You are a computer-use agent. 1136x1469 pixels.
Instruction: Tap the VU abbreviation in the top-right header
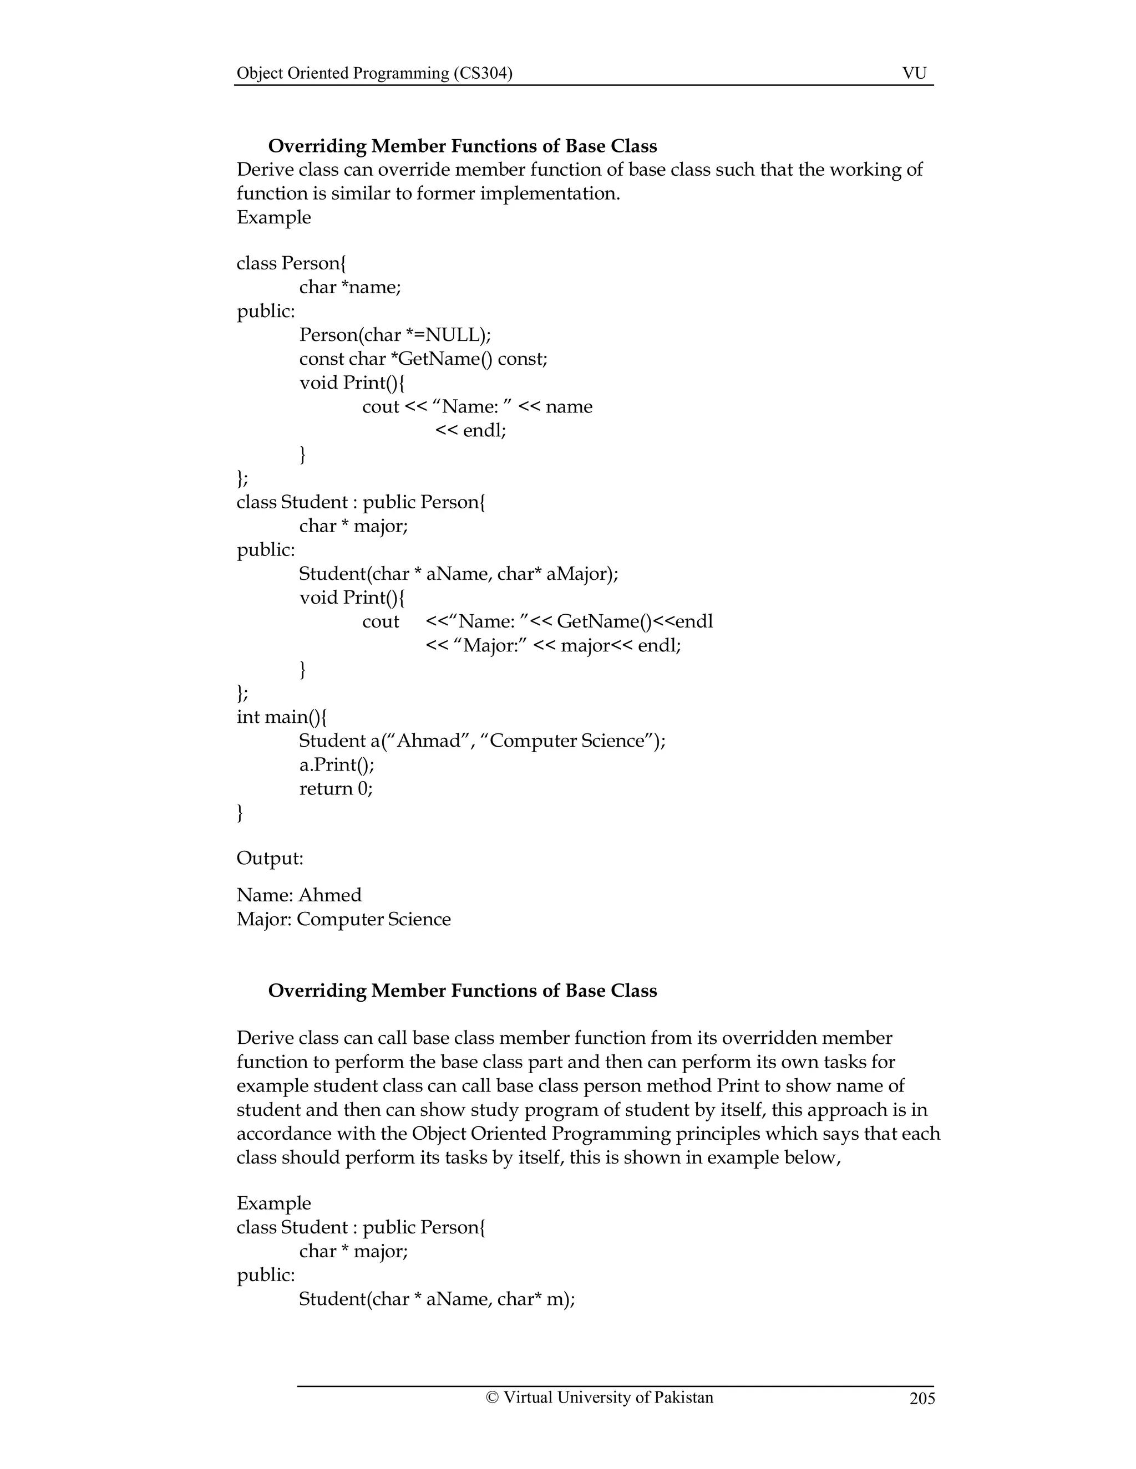[x=914, y=73]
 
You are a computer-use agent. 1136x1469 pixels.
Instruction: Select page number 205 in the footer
[x=922, y=1399]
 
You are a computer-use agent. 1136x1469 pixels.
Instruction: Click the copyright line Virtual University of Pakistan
[x=599, y=1397]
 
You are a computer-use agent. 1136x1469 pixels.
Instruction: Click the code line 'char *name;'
[x=350, y=287]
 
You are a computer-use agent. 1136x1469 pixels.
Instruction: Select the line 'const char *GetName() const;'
[x=423, y=359]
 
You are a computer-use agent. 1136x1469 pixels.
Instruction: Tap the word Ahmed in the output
[x=330, y=895]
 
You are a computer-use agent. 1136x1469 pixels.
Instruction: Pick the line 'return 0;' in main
[x=336, y=788]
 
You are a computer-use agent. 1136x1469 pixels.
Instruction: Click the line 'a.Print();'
[x=337, y=765]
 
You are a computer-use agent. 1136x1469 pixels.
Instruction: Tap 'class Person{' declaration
[x=291, y=263]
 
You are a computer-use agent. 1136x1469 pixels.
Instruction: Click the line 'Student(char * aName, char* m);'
[x=437, y=1299]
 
